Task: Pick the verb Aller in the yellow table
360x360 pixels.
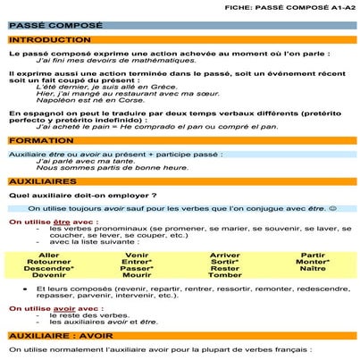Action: (x=50, y=255)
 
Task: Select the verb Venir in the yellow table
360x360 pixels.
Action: (x=137, y=255)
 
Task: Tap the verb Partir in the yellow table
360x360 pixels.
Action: (x=313, y=255)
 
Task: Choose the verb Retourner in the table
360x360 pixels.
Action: (x=49, y=261)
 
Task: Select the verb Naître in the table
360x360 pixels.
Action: (x=313, y=268)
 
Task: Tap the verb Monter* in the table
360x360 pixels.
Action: (x=313, y=261)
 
